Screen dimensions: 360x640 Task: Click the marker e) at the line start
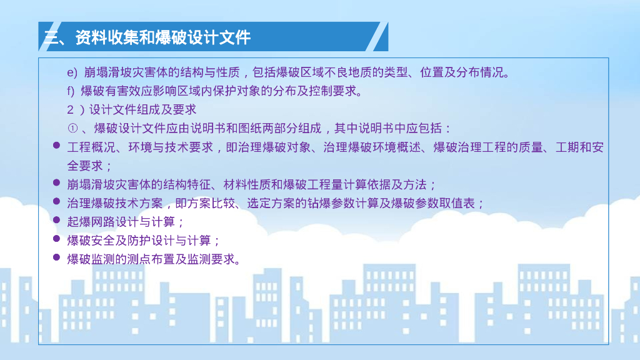[71, 72]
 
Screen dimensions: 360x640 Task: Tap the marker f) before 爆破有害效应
[71, 91]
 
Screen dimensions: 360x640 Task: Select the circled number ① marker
[72, 129]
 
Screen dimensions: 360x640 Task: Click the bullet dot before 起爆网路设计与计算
[56, 221]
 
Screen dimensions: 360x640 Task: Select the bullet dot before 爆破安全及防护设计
[56, 239]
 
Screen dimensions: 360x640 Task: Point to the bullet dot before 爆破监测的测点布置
[56, 258]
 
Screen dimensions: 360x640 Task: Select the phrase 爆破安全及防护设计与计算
[142, 241]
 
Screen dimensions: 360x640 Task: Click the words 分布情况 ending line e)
[481, 72]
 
